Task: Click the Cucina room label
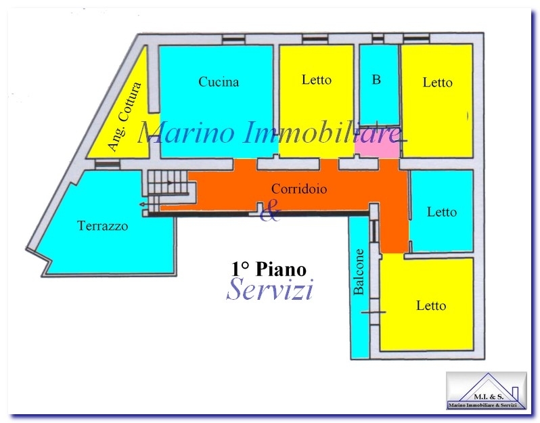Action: click(x=219, y=82)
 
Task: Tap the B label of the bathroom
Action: click(x=376, y=80)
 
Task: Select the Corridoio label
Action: click(x=299, y=189)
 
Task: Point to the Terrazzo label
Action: click(x=103, y=225)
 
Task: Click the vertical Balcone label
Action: click(x=359, y=272)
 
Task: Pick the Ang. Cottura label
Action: click(x=125, y=116)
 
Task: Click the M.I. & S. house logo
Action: click(x=487, y=391)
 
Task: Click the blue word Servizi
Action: click(x=269, y=289)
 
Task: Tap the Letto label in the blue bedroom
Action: click(x=442, y=212)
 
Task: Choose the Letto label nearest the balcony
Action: click(x=431, y=305)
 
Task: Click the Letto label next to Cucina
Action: click(x=317, y=80)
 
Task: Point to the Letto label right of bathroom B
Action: click(x=437, y=83)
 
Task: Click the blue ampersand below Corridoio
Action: click(x=270, y=210)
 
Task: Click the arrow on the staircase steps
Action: click(x=170, y=183)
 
